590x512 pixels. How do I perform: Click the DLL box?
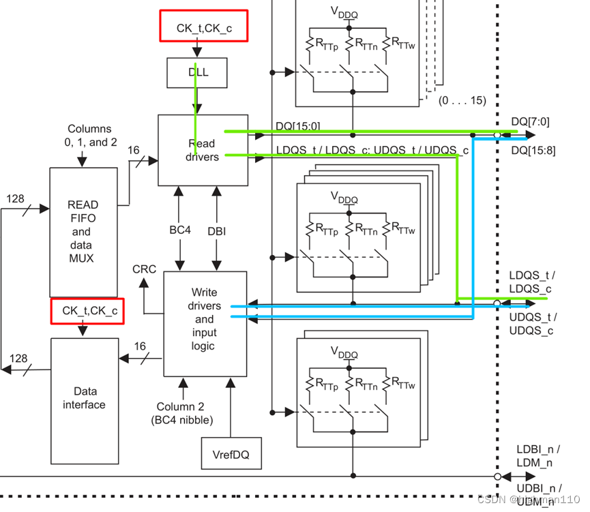tap(197, 72)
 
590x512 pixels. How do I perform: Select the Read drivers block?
tap(202, 150)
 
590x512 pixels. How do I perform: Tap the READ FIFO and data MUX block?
tap(83, 231)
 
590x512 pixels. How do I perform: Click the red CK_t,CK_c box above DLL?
tap(203, 28)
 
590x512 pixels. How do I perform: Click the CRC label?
tap(144, 269)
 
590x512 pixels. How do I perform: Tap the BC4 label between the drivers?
tap(180, 230)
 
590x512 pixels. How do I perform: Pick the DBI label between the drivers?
tap(217, 230)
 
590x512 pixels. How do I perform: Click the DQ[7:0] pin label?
tap(530, 121)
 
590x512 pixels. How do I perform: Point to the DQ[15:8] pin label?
tap(533, 150)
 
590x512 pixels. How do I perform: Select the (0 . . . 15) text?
tap(462, 100)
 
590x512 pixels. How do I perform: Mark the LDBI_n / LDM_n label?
tap(537, 456)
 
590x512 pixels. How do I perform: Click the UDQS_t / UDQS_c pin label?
tap(533, 324)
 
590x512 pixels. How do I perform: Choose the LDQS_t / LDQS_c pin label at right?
tap(532, 282)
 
